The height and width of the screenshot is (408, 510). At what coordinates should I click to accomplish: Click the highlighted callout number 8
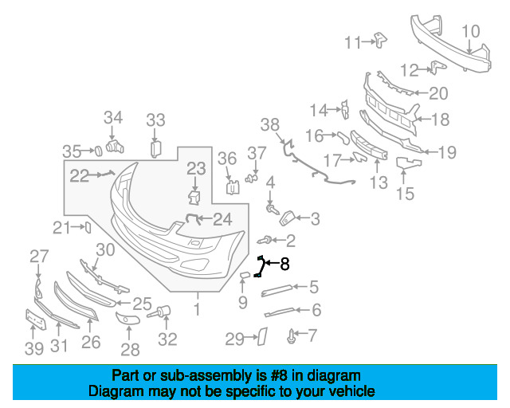tap(284, 264)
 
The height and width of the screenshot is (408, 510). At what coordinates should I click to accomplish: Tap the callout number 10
tap(471, 32)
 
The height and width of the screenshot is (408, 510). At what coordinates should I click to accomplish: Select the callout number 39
tap(34, 348)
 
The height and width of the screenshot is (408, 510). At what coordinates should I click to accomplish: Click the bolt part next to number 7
tap(291, 335)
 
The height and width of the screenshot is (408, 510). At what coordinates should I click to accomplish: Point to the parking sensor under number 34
tap(115, 147)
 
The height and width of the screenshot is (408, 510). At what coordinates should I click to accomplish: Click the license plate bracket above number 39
tap(36, 320)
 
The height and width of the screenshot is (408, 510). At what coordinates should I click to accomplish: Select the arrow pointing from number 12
tap(425, 69)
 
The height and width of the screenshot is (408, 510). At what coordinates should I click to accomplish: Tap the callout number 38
tap(270, 125)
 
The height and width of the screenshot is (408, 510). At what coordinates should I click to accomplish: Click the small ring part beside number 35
tap(98, 151)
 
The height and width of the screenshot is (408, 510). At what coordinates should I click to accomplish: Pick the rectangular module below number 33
tap(156, 149)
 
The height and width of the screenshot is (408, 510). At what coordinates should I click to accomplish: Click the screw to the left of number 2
tap(264, 241)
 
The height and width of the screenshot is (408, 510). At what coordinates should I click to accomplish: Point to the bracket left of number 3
tap(287, 218)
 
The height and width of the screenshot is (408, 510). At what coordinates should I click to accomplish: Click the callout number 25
tap(142, 304)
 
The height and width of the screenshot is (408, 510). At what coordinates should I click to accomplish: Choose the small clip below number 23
tap(194, 198)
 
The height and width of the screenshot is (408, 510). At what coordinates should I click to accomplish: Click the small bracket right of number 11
tap(381, 40)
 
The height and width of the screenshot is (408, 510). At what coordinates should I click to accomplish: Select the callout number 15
tap(406, 194)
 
